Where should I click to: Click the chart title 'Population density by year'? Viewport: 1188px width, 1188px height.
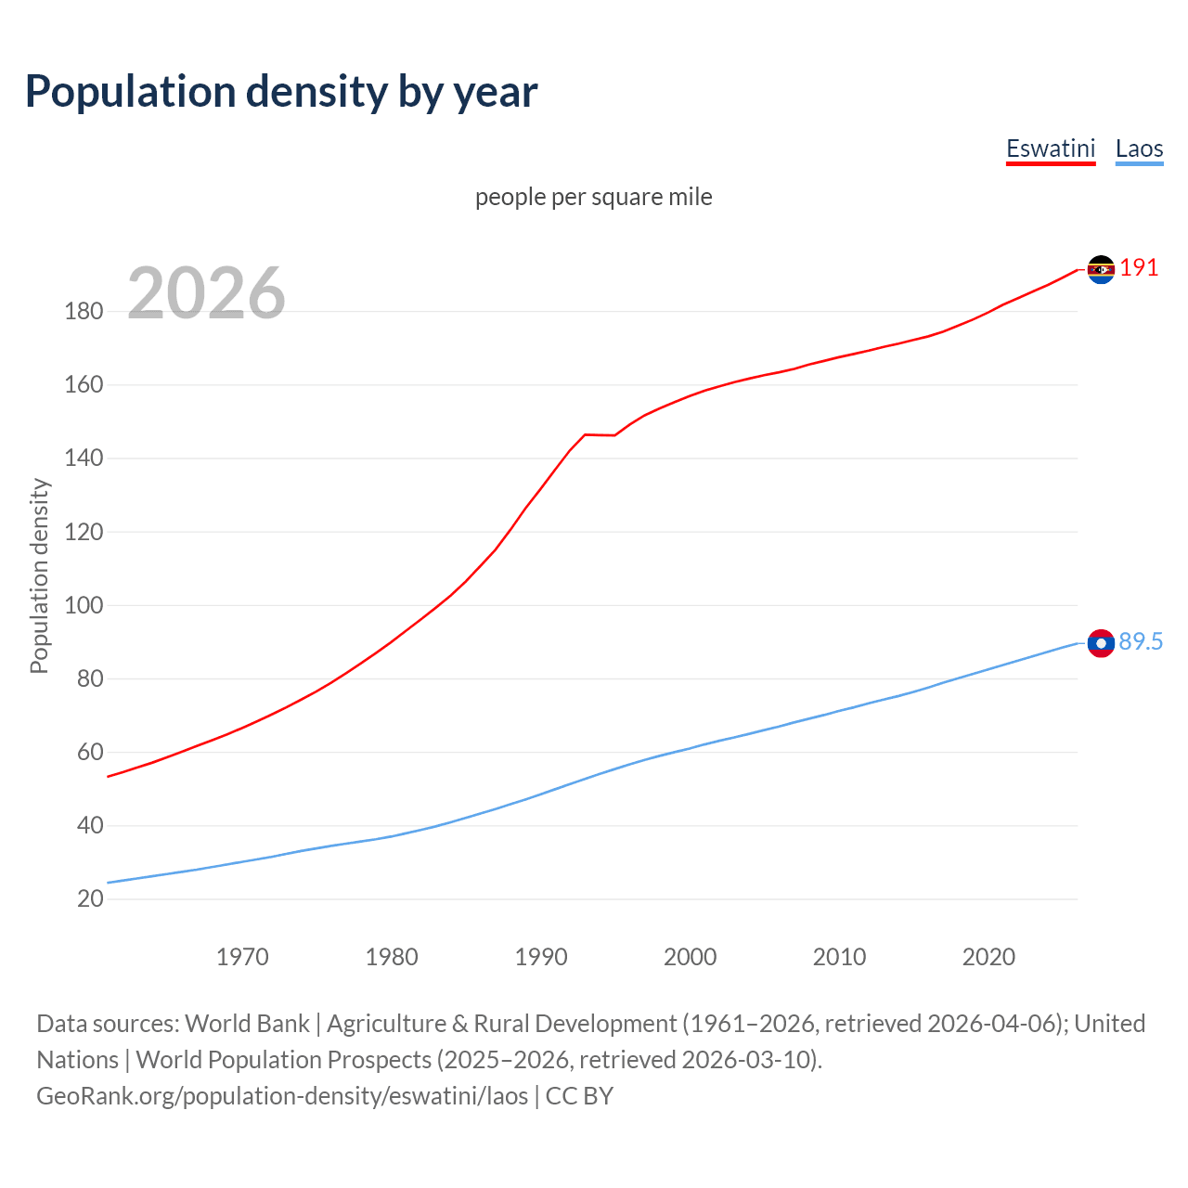click(x=281, y=92)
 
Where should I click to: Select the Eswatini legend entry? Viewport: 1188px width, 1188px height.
click(x=1051, y=148)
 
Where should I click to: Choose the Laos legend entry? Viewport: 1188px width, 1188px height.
click(x=1139, y=148)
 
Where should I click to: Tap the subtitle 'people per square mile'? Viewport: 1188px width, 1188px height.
click(x=593, y=197)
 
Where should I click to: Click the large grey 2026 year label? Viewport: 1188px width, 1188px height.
click(x=206, y=293)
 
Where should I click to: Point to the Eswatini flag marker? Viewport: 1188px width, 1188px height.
click(x=1101, y=269)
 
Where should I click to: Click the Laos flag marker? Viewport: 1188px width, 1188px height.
click(x=1101, y=643)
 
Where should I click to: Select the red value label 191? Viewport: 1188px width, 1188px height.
click(x=1139, y=268)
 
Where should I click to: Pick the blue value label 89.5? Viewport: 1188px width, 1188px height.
click(x=1141, y=642)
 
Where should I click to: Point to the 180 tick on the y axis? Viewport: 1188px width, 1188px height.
click(x=84, y=311)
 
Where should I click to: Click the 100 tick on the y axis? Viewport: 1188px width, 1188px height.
click(x=84, y=605)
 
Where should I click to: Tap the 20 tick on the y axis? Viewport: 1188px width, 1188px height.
click(x=90, y=898)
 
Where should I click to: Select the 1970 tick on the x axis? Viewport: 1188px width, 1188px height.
click(x=242, y=957)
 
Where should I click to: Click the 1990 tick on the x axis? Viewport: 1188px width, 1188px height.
click(x=541, y=957)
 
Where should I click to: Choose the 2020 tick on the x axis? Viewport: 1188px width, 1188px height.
click(x=988, y=957)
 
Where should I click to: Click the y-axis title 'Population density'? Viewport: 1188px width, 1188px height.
click(x=39, y=575)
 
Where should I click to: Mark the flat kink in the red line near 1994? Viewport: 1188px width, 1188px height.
click(x=599, y=434)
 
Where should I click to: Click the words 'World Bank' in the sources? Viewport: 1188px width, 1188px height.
click(x=247, y=1024)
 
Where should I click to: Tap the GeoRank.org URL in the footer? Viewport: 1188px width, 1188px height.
click(x=282, y=1096)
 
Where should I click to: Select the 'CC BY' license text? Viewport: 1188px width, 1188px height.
click(x=579, y=1096)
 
